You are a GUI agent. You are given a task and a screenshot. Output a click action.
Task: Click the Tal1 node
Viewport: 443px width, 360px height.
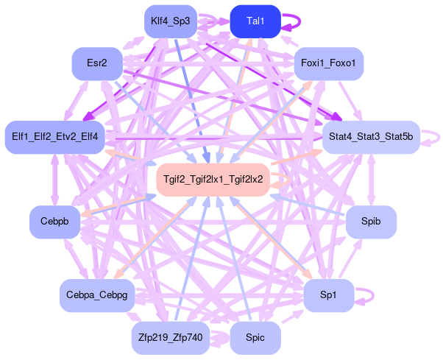tap(255, 21)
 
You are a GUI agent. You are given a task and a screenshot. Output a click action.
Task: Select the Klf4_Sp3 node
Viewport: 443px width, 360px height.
tap(170, 21)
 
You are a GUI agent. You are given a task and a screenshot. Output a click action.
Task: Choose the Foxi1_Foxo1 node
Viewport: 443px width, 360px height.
tap(328, 63)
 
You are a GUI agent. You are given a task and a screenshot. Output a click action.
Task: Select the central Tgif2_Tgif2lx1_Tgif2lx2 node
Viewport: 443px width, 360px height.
tap(213, 179)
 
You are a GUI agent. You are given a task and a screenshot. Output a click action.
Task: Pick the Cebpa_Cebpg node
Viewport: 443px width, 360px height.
tap(97, 294)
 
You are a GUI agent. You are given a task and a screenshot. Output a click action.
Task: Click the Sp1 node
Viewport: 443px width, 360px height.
tap(328, 294)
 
